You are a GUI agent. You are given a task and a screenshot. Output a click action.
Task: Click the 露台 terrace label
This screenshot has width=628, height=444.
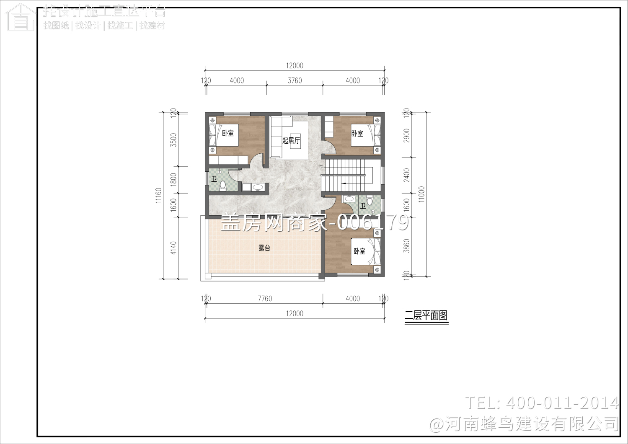click(264, 248)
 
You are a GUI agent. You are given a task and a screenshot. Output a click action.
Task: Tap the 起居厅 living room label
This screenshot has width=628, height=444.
click(291, 140)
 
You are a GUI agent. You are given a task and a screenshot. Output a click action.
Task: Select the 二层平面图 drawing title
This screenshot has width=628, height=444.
click(426, 315)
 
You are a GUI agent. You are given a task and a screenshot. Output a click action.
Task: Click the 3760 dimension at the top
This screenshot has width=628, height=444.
click(295, 80)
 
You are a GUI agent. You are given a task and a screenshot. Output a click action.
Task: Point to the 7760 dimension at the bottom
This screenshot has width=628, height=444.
click(265, 299)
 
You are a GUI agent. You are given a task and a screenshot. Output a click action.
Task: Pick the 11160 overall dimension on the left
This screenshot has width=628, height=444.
click(158, 195)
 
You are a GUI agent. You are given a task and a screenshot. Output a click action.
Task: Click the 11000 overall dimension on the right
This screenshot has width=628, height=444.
click(421, 194)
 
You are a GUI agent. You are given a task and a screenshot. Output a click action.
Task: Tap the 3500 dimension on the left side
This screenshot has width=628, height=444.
click(174, 139)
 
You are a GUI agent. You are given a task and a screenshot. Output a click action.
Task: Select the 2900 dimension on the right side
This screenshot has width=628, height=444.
click(406, 135)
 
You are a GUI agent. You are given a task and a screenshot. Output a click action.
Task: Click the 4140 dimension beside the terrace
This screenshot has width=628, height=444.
click(174, 248)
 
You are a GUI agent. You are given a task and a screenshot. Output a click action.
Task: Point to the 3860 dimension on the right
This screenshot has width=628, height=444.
click(406, 246)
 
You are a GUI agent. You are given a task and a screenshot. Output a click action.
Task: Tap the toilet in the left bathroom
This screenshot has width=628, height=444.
click(223, 186)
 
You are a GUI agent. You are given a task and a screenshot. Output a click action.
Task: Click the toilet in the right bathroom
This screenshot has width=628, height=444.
click(369, 201)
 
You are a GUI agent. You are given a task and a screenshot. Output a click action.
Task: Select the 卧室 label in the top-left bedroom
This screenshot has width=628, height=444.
click(228, 133)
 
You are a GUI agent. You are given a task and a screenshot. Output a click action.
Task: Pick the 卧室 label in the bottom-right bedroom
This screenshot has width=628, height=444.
click(359, 251)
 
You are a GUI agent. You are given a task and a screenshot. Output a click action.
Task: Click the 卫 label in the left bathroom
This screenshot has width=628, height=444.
click(214, 180)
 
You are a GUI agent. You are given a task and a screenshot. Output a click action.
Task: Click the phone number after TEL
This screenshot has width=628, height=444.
click(562, 403)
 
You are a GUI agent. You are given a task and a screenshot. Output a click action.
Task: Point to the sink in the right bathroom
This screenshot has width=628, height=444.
click(348, 199)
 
